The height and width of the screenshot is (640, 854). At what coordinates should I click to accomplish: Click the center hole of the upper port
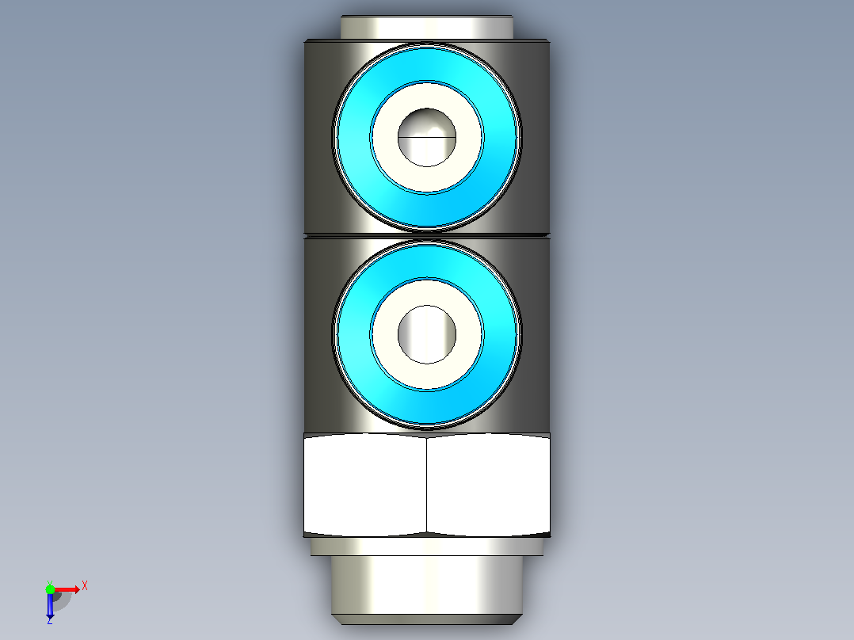click(427, 137)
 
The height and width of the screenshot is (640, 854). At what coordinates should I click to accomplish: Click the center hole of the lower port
click(427, 334)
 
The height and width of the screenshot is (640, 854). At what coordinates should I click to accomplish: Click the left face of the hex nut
click(365, 485)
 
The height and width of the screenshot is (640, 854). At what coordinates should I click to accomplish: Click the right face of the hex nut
click(489, 485)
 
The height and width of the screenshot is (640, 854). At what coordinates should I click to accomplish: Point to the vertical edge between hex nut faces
click(426, 485)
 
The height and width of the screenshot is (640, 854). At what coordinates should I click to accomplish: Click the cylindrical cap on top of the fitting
click(427, 27)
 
